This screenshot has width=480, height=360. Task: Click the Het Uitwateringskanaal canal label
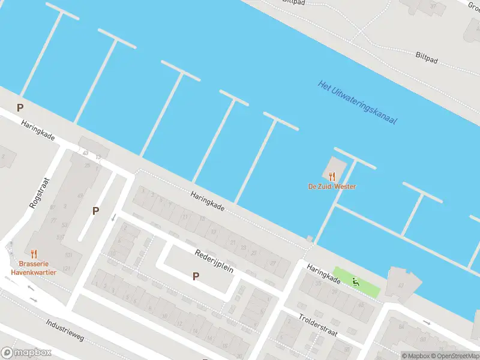click(x=358, y=103)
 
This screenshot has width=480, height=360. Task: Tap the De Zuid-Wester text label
click(x=332, y=187)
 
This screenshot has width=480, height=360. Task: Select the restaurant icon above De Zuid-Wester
click(x=332, y=176)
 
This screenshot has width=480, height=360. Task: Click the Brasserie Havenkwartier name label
click(x=33, y=268)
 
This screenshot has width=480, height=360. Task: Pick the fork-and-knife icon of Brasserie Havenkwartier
click(x=34, y=254)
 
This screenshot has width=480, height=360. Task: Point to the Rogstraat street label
click(x=40, y=193)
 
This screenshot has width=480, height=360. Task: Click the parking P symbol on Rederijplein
click(x=195, y=276)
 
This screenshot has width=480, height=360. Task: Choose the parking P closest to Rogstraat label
click(x=95, y=211)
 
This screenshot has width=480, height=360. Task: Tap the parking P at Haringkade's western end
click(x=20, y=108)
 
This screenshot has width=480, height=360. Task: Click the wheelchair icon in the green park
click(x=356, y=281)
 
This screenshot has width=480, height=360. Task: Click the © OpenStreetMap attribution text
click(x=454, y=355)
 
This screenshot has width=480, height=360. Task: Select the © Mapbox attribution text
click(x=416, y=355)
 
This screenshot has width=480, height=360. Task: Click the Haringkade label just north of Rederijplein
click(x=208, y=201)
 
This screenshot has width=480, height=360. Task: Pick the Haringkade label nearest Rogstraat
click(x=37, y=130)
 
